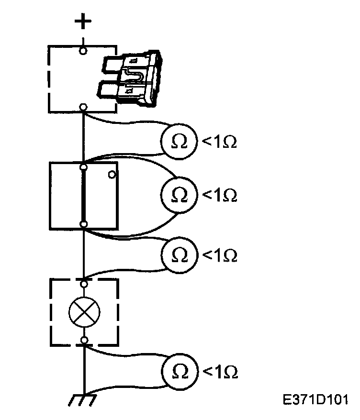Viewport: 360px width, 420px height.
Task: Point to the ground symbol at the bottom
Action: tap(82, 398)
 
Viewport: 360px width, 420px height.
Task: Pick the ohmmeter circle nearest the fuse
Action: tap(178, 141)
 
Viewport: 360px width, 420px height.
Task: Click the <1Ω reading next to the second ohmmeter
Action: tap(221, 196)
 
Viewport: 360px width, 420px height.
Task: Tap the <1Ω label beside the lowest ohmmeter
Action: tap(221, 372)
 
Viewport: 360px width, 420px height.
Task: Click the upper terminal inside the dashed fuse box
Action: tap(83, 50)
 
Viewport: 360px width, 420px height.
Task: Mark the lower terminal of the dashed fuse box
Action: tap(83, 107)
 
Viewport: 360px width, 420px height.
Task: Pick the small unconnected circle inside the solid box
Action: tap(112, 175)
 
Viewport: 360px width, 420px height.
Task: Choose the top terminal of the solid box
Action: tap(84, 167)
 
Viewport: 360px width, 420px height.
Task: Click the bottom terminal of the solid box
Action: tap(84, 224)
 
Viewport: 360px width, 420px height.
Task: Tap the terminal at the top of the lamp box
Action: tap(84, 284)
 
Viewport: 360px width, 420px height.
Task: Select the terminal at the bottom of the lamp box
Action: tap(84, 340)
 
